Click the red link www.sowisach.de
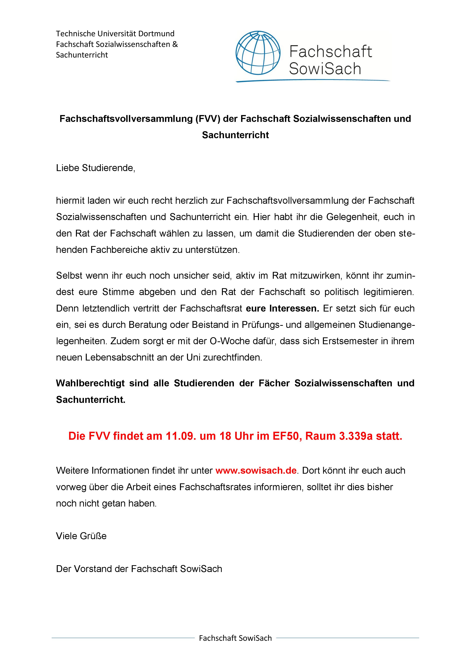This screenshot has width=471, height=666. pyautogui.click(x=256, y=470)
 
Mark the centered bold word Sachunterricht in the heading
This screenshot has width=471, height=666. pyautogui.click(x=235, y=135)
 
